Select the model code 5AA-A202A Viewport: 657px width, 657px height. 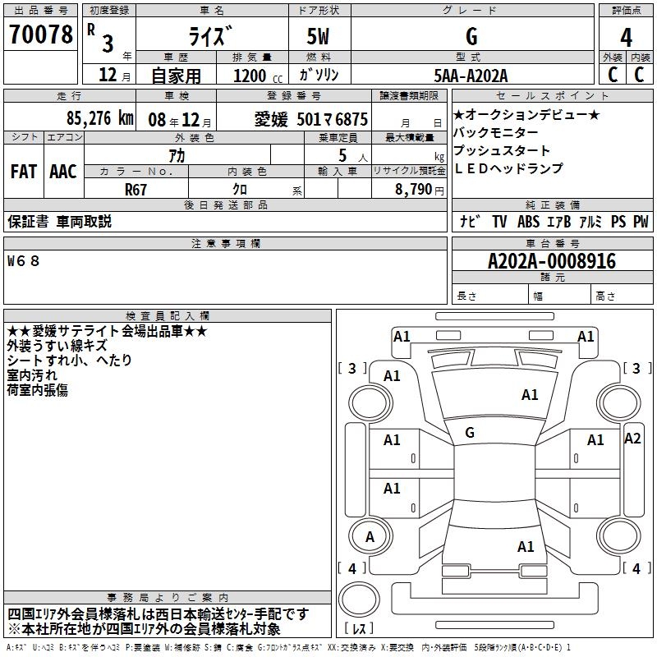471,76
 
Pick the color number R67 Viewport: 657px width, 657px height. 136,188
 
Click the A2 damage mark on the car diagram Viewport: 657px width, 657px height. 632,439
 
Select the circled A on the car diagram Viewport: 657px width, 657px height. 370,536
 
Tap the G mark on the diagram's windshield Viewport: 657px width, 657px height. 469,433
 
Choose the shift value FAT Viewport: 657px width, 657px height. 23,171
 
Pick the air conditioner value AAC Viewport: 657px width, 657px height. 62,171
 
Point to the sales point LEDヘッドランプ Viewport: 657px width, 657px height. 508,168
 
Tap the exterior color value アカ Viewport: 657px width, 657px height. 177,154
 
